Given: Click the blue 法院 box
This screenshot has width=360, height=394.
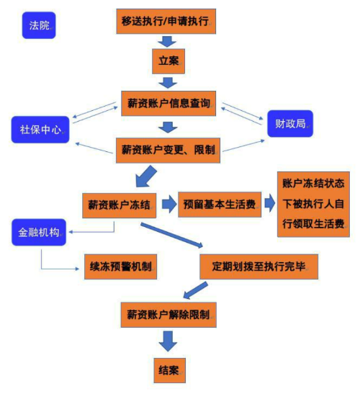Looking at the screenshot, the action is (x=39, y=25).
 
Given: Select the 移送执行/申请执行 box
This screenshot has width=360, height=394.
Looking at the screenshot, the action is (x=166, y=22).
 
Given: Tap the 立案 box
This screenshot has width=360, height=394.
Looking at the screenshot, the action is (x=168, y=61).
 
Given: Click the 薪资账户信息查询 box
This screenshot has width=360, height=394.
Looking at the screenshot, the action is (x=168, y=104).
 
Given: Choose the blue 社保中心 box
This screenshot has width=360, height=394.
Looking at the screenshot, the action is (x=40, y=130).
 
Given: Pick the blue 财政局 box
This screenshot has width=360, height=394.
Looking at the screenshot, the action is (x=290, y=124).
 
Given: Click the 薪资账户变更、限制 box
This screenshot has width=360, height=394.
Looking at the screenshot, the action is (x=168, y=151).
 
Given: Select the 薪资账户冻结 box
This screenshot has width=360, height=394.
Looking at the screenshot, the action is (x=120, y=205).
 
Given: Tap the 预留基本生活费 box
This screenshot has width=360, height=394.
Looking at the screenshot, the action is (x=220, y=205).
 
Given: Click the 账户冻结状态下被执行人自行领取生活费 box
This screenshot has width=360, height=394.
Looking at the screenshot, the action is (x=313, y=205).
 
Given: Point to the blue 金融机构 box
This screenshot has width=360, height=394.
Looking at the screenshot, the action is (x=39, y=232).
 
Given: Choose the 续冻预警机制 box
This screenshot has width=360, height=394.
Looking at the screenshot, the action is (x=120, y=267).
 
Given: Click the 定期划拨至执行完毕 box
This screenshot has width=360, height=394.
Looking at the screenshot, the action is (x=259, y=267).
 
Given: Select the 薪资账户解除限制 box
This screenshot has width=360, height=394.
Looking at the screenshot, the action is (x=168, y=315).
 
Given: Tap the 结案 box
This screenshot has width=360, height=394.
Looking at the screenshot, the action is (x=170, y=370).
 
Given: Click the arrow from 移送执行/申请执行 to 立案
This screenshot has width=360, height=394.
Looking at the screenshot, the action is (x=167, y=42).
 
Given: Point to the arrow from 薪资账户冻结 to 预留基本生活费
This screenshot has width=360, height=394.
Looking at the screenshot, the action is (x=169, y=205).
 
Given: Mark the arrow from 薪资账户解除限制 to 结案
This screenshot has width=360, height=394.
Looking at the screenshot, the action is (x=168, y=341).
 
